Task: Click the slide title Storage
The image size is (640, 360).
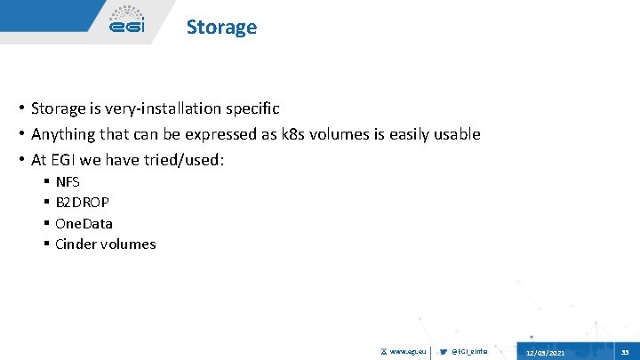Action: pyautogui.click(x=221, y=27)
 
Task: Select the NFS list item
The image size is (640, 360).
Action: pyautogui.click(x=68, y=181)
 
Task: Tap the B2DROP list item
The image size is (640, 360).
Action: pyautogui.click(x=82, y=202)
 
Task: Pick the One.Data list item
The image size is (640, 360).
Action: pyautogui.click(x=84, y=223)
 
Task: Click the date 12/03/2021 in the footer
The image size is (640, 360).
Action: pyautogui.click(x=544, y=353)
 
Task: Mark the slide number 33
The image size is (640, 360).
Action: pyautogui.click(x=624, y=352)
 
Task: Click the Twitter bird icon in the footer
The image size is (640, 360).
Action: pyautogui.click(x=444, y=352)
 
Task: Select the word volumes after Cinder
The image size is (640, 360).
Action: pyautogui.click(x=130, y=244)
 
